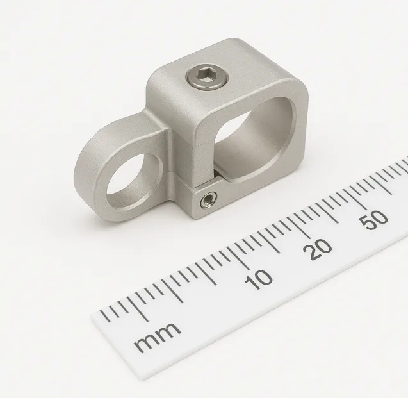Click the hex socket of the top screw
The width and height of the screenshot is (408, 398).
click(208, 77)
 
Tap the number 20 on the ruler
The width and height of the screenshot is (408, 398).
click(317, 249)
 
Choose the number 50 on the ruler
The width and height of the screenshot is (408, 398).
click(373, 220)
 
